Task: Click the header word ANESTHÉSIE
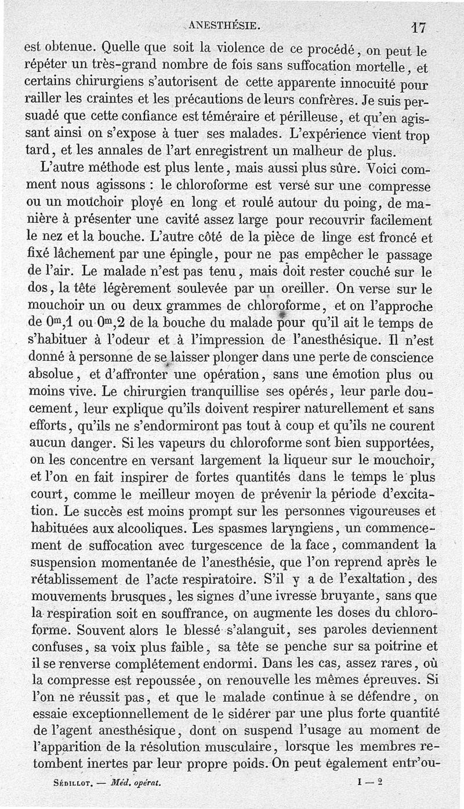(224, 25)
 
